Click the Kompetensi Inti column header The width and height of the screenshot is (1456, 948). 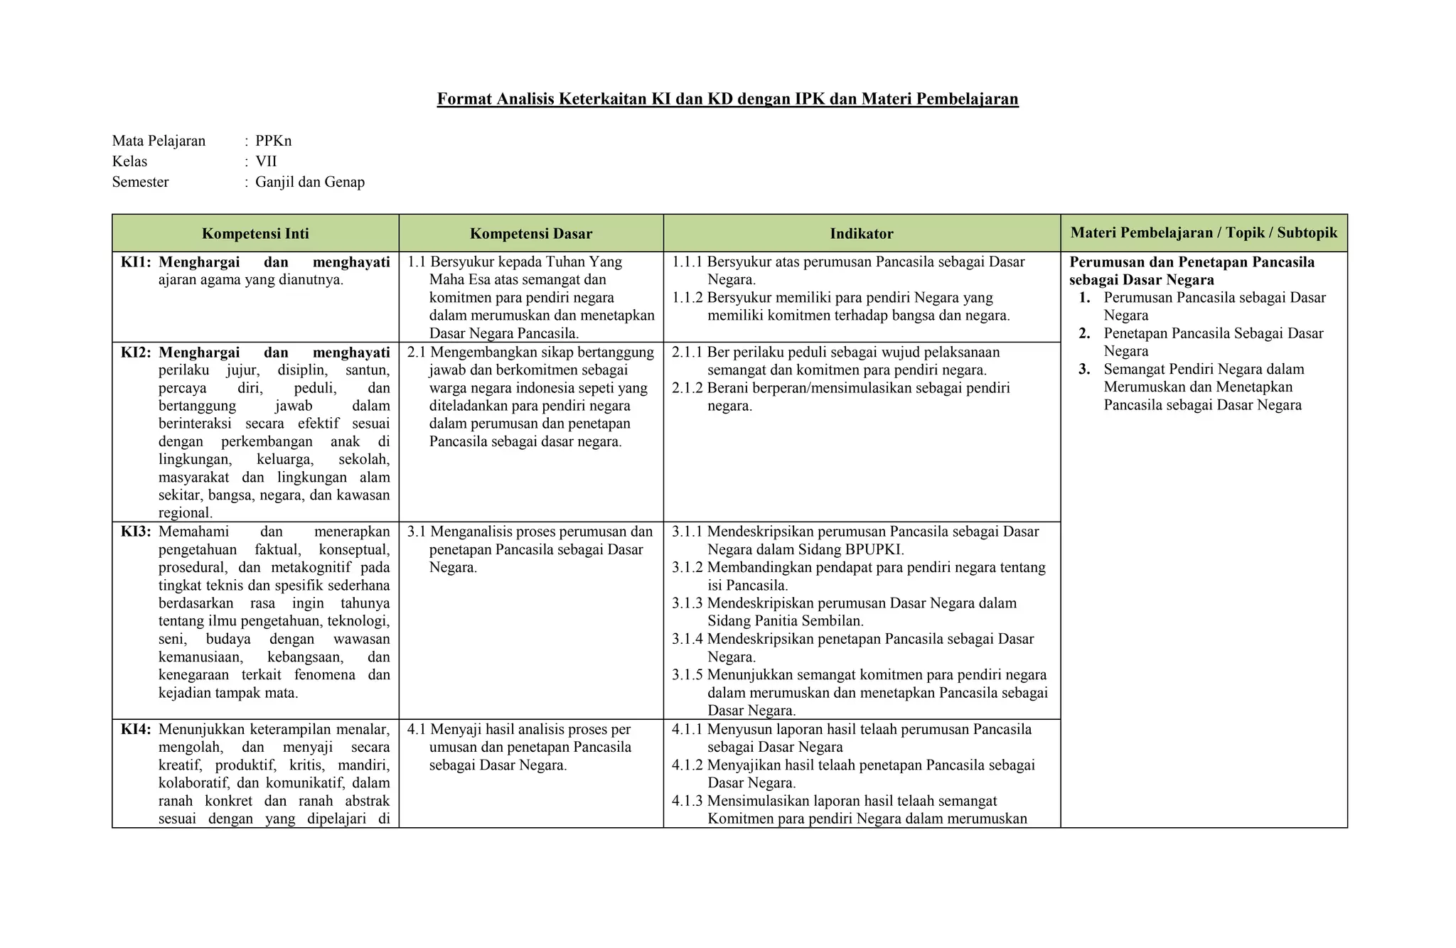tap(255, 234)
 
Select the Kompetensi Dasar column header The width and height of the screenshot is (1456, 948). tap(530, 234)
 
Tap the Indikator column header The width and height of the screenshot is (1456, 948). tap(862, 234)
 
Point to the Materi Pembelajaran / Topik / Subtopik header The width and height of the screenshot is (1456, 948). tap(1204, 233)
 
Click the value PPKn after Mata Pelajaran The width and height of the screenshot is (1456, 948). tap(274, 141)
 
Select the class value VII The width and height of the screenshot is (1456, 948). tap(266, 161)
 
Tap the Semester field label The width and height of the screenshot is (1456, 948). tap(140, 182)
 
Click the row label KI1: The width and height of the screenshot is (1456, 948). tap(136, 262)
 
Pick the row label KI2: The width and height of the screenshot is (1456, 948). tap(136, 352)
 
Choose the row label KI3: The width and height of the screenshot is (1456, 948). tap(136, 532)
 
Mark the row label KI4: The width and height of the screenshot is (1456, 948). tap(136, 729)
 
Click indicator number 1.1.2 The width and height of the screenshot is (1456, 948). tap(687, 298)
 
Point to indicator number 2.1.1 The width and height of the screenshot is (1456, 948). tap(687, 352)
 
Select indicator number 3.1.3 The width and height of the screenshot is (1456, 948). tap(687, 603)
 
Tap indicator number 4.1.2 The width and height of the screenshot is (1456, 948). tap(687, 765)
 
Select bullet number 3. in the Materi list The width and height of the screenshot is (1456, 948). tap(1084, 370)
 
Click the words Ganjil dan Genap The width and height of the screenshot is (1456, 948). tap(310, 182)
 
